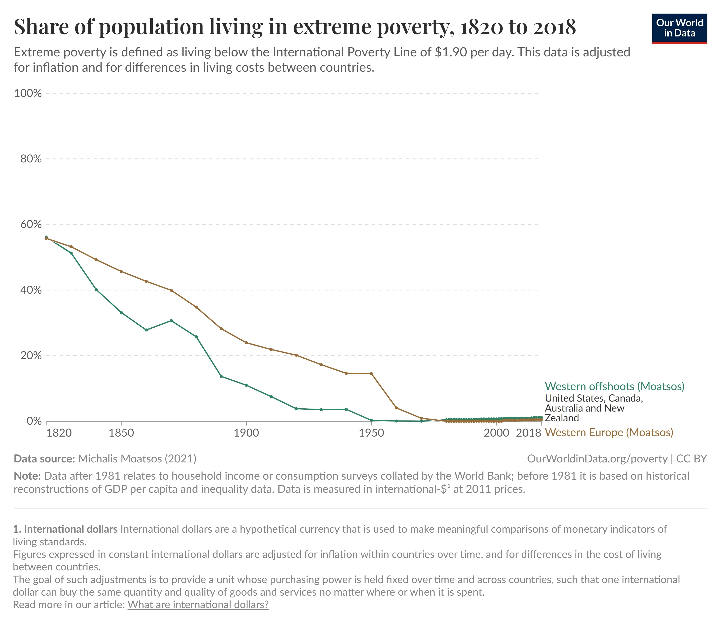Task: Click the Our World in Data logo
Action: [679, 29]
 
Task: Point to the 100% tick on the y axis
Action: [28, 93]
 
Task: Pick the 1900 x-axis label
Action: [246, 433]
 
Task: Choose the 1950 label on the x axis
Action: [371, 433]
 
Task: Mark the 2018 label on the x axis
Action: [528, 433]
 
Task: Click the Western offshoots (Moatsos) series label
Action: [614, 386]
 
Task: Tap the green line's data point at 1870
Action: [171, 320]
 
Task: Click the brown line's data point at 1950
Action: [371, 374]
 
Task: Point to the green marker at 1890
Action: [221, 376]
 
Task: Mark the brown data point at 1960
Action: [396, 408]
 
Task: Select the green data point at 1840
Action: [96, 289]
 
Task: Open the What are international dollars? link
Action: [198, 604]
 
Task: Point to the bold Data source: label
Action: [44, 459]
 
